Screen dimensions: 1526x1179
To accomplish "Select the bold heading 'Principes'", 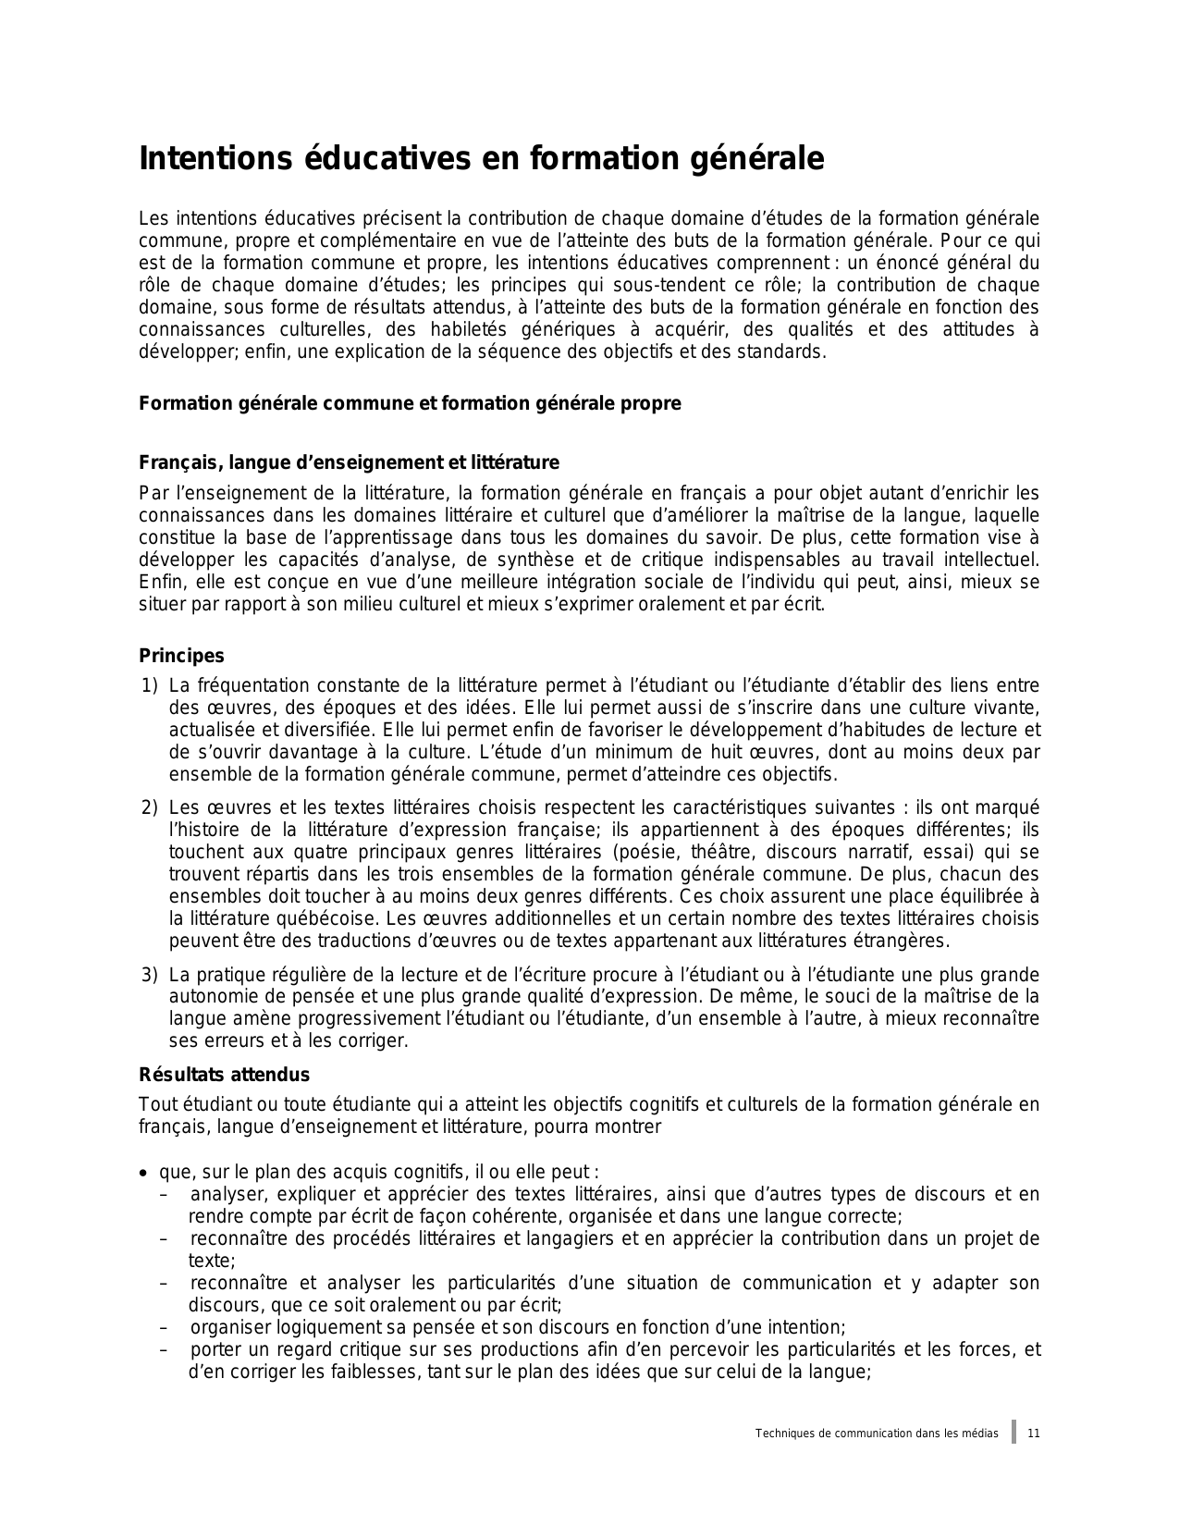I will [181, 656].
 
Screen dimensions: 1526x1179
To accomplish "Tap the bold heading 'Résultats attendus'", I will [224, 1075].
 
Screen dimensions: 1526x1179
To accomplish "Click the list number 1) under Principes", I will [150, 685].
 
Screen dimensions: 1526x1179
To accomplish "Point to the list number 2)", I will [150, 807].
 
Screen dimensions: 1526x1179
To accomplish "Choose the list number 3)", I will [150, 975].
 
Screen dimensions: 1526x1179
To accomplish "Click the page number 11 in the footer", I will [1034, 1434].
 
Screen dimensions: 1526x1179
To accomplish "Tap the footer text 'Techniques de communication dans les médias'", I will [877, 1434].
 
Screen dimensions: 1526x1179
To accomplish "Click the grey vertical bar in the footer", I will [1013, 1432].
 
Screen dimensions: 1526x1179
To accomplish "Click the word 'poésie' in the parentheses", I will [643, 852].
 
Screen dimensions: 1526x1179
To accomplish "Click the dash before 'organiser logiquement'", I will [164, 1328].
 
